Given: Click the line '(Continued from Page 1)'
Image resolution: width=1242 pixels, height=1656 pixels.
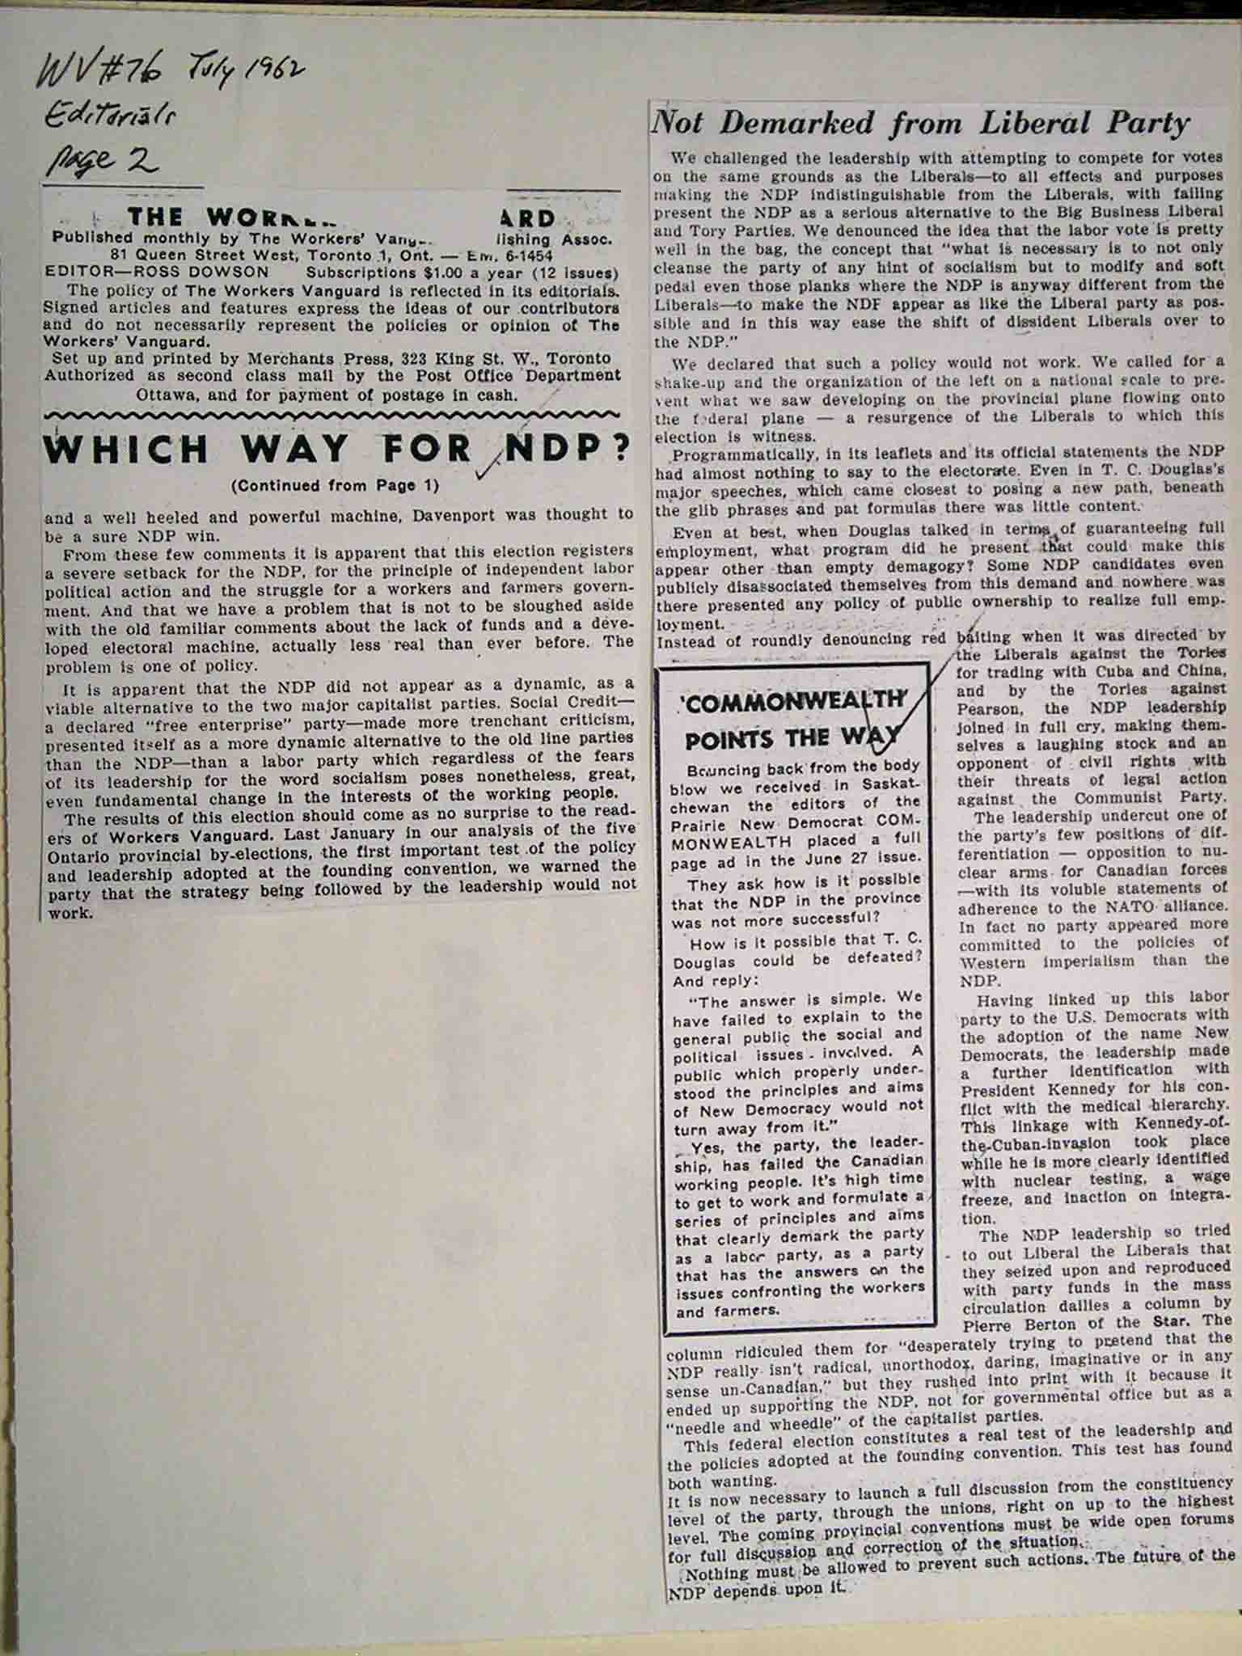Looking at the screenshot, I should coord(334,486).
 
